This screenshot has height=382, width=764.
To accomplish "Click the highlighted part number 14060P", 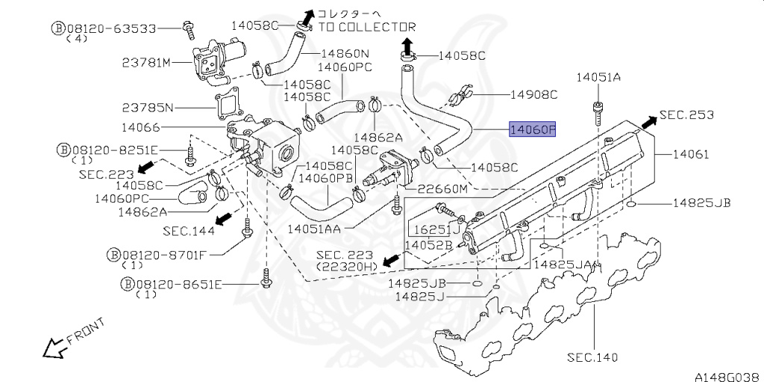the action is [x=532, y=129].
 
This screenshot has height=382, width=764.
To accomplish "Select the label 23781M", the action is [x=147, y=63].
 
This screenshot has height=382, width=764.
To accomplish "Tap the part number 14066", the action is [x=140, y=128].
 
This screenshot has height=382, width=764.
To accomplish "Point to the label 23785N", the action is [x=147, y=107].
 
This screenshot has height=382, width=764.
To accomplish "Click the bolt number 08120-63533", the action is [x=111, y=28].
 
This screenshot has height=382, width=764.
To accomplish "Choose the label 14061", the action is [x=691, y=154].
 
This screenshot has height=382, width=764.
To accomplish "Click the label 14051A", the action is [x=599, y=77].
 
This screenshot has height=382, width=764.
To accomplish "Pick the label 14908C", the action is [x=533, y=95].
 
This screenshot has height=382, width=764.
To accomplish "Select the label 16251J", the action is [x=437, y=229].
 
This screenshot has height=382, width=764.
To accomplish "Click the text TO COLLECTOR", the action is [x=367, y=28].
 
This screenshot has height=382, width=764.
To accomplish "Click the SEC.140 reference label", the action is [x=592, y=357].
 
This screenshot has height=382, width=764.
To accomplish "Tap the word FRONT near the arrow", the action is [x=86, y=330].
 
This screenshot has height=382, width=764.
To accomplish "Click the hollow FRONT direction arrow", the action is [x=54, y=348].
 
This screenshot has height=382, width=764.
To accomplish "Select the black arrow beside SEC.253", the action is [x=649, y=122].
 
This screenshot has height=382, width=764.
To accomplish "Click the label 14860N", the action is [x=345, y=53].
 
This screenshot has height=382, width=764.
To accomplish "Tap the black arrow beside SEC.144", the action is [x=223, y=218].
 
